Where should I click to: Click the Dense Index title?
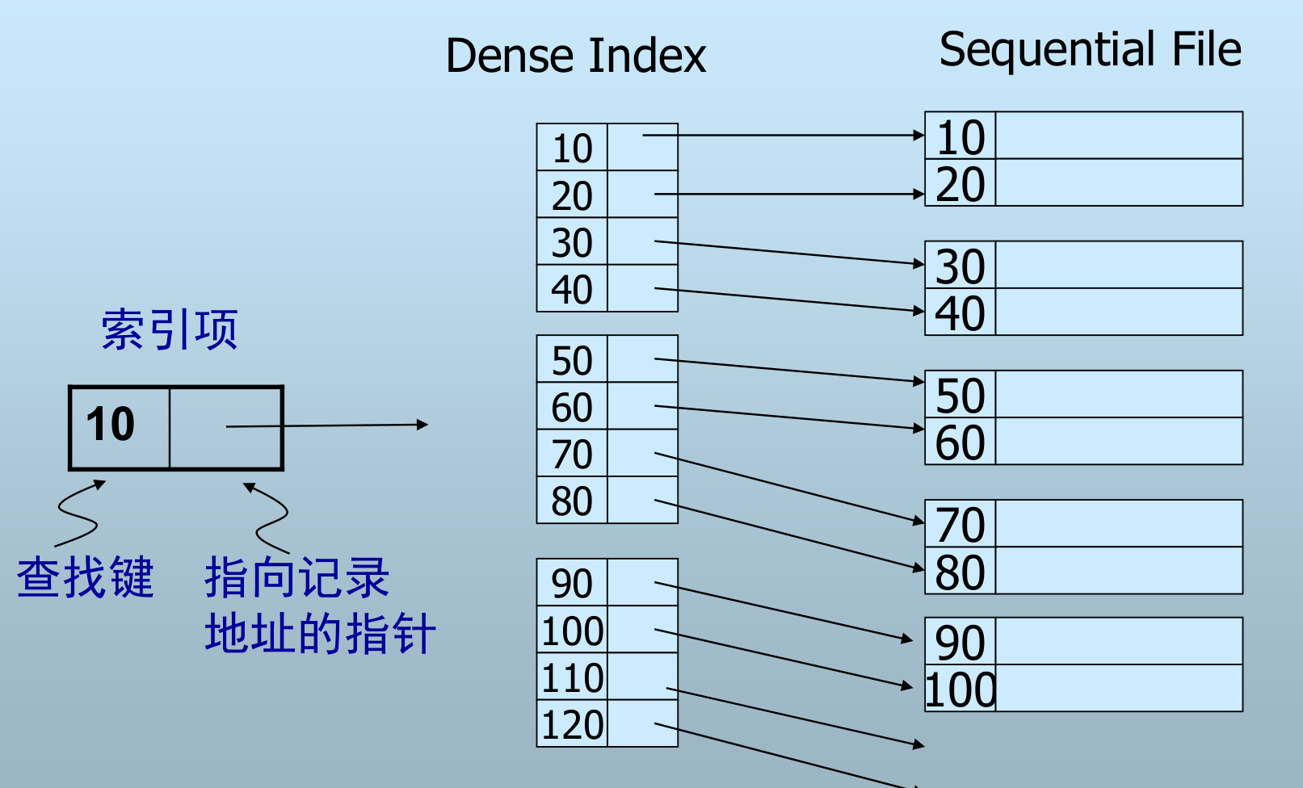point(576,56)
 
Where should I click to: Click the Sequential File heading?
point(1090,49)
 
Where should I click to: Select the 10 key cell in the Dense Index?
point(572,149)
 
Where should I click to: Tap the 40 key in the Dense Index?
point(572,289)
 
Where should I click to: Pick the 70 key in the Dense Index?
point(572,454)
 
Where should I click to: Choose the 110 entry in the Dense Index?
point(572,677)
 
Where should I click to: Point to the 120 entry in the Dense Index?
point(572,724)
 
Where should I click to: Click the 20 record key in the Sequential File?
point(960,184)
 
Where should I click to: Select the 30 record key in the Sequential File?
point(960,266)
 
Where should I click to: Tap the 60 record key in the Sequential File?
point(960,442)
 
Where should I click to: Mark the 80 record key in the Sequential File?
point(960,572)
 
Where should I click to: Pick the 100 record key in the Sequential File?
point(960,689)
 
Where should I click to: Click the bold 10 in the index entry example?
point(111,425)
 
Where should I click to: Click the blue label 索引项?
point(170,329)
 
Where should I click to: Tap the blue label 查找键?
point(86,578)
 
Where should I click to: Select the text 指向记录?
point(297,578)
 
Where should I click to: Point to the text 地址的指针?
point(320,633)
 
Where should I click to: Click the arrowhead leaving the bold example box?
point(422,425)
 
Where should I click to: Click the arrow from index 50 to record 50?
point(788,370)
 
